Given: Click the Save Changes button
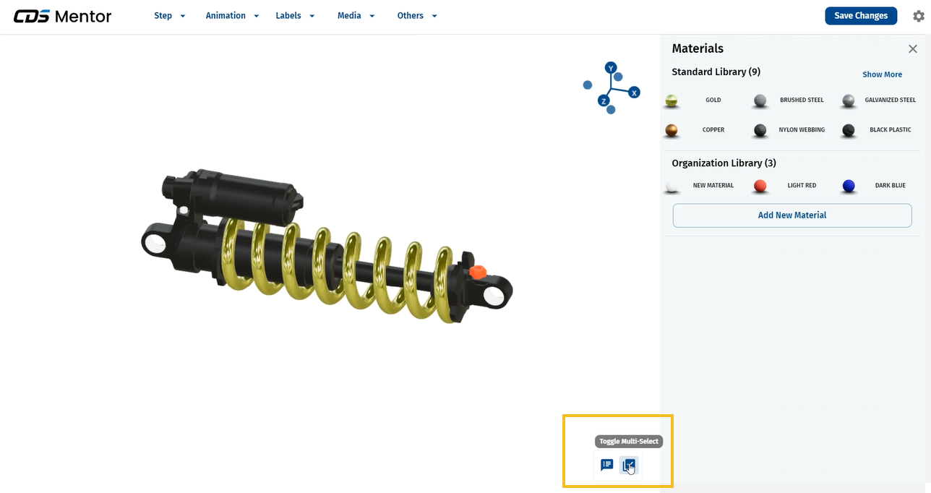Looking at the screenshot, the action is pyautogui.click(x=861, y=16).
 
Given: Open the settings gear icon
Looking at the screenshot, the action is pyautogui.click(x=919, y=16).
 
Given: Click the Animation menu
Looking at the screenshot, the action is pyautogui.click(x=232, y=16).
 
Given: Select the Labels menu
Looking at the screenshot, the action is pyautogui.click(x=295, y=16).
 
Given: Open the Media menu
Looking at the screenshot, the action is pyautogui.click(x=356, y=16).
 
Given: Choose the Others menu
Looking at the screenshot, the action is pyautogui.click(x=417, y=16).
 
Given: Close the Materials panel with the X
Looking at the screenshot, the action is pyautogui.click(x=913, y=49).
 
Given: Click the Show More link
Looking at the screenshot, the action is pyautogui.click(x=882, y=74).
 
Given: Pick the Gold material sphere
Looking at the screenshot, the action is pyautogui.click(x=672, y=100).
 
